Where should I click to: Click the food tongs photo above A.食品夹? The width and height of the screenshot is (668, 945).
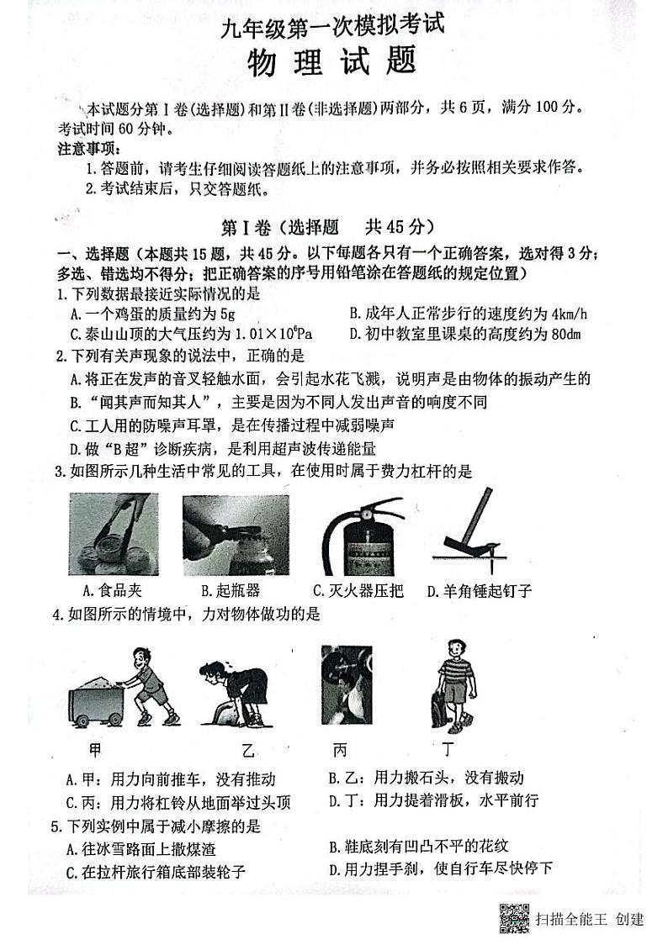[113, 534]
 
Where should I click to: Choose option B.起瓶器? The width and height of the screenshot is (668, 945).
[230, 590]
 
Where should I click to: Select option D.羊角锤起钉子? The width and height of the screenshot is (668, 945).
[479, 590]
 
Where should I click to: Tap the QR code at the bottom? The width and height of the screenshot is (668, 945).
[514, 918]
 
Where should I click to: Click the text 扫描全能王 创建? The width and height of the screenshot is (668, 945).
[589, 919]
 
